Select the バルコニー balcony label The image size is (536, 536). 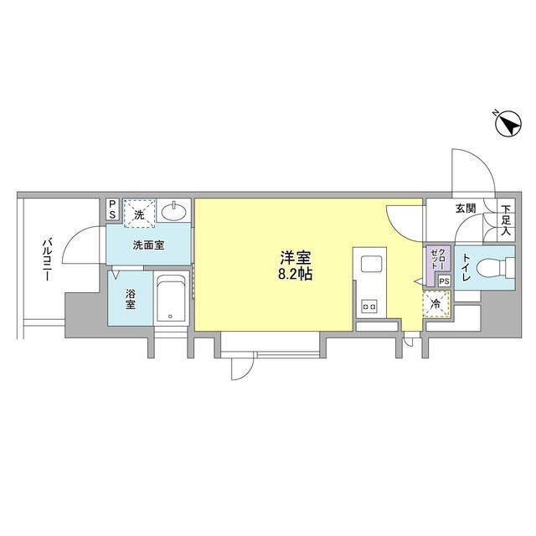42,260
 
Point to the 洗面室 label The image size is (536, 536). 147,245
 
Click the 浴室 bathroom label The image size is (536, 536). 130,298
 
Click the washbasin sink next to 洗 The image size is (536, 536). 174,213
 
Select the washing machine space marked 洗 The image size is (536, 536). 140,214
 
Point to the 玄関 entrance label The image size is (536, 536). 466,209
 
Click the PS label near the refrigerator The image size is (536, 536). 444,282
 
